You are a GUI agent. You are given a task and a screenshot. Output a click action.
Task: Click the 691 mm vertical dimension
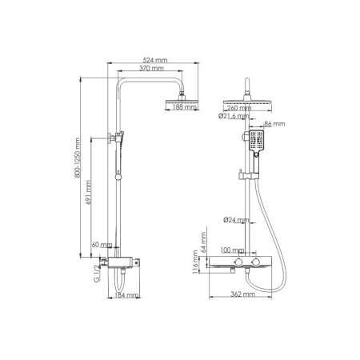(x=90, y=191)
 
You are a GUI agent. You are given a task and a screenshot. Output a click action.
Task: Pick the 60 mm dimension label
(x=102, y=243)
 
